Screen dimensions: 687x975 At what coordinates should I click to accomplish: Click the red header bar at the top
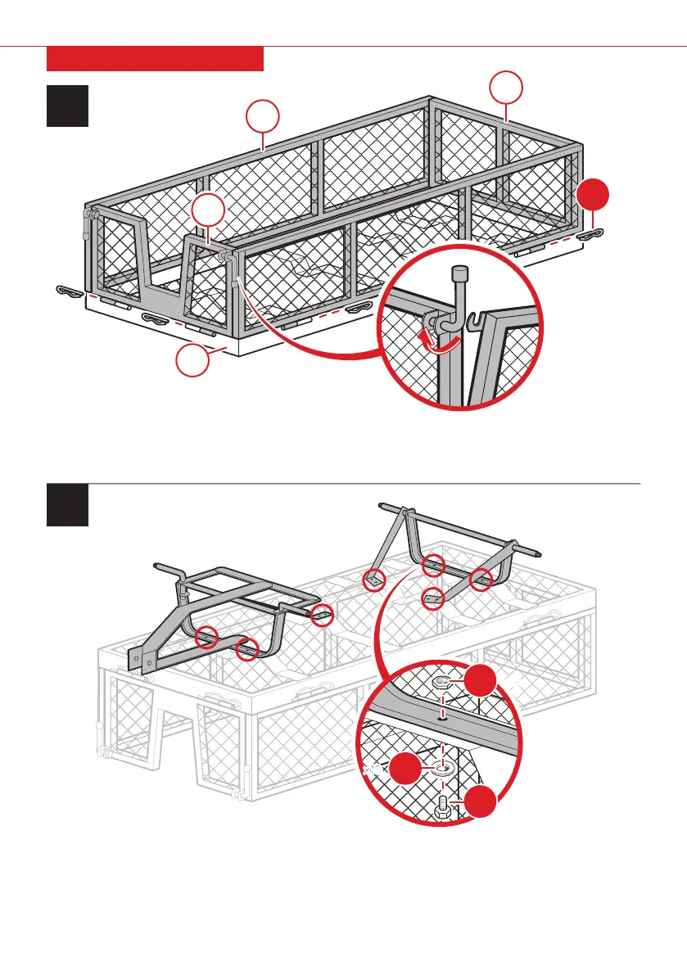click(155, 59)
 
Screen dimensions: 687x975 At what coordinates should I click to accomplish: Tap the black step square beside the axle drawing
click(67, 505)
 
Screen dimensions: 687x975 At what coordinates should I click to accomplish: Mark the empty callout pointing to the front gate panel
click(209, 211)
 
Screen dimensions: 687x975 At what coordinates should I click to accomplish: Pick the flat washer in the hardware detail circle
click(443, 769)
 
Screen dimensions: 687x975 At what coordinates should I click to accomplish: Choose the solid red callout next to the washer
click(407, 770)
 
